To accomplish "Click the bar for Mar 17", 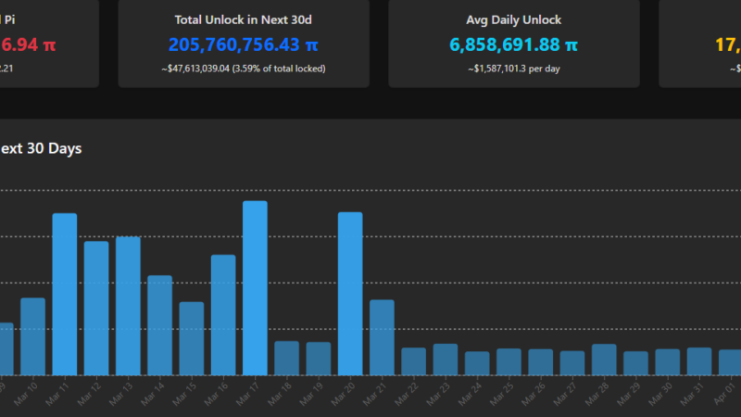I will [x=255, y=288].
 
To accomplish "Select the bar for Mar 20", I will [x=350, y=294].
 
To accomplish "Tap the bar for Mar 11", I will [x=64, y=294].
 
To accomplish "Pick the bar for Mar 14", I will [x=159, y=325].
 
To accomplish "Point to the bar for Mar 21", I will [x=382, y=337].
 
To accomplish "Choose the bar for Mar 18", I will [x=286, y=358].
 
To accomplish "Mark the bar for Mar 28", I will [x=604, y=360].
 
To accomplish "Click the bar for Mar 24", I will [x=477, y=363].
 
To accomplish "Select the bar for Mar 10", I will [x=32, y=336].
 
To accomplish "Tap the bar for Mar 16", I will [x=223, y=315].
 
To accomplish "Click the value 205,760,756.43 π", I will [x=244, y=44].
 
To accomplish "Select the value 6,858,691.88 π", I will [x=513, y=44].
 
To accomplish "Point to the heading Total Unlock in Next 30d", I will [x=244, y=19].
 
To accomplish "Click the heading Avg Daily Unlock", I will [x=513, y=19].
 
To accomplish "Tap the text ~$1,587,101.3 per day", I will [x=513, y=68].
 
